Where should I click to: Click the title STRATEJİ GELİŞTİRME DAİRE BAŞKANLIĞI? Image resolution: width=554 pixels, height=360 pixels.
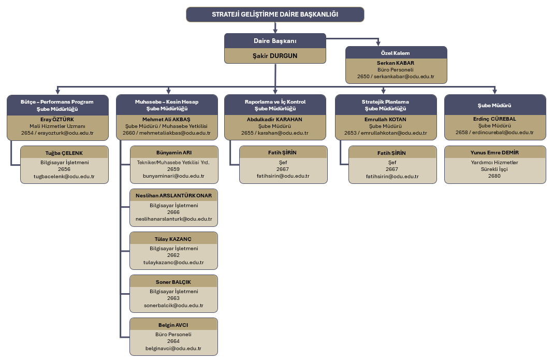[x=275, y=14]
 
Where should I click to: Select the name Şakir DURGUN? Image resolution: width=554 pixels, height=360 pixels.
[x=275, y=55]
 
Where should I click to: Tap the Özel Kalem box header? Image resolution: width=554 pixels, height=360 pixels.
[x=396, y=53]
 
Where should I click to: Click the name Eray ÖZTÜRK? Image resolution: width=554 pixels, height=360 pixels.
[x=57, y=119]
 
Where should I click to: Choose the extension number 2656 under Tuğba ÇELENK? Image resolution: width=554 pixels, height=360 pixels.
[x=64, y=169]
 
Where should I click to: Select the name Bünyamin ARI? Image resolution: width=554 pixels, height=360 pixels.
[x=173, y=153]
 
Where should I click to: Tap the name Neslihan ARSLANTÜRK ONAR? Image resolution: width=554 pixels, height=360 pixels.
[x=173, y=196]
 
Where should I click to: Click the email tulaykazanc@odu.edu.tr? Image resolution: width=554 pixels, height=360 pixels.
[x=173, y=263]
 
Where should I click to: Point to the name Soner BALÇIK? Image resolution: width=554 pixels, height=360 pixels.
[x=173, y=282]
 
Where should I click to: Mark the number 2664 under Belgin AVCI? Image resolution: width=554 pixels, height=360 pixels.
[x=173, y=341]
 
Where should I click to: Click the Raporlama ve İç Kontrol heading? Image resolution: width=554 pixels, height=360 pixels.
[x=275, y=102]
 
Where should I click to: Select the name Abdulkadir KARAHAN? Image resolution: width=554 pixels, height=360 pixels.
[x=275, y=119]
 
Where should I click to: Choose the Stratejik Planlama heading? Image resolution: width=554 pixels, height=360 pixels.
[x=385, y=102]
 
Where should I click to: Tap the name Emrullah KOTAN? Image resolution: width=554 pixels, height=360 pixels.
[x=385, y=119]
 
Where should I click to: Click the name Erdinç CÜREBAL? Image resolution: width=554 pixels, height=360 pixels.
[x=495, y=119]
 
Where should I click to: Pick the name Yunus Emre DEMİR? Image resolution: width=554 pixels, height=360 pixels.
[x=495, y=153]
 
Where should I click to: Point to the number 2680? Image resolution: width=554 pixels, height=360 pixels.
[x=495, y=176]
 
